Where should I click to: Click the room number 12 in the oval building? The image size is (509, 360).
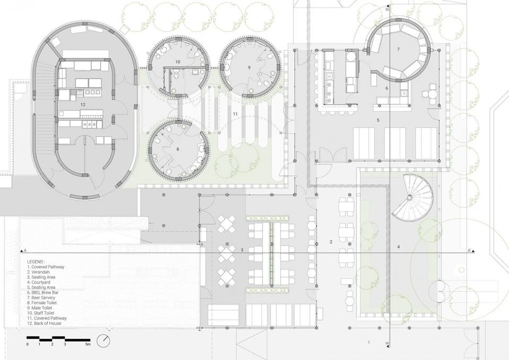point(83,105)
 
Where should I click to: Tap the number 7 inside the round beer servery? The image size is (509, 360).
point(398,49)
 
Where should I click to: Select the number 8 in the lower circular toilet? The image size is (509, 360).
point(178,150)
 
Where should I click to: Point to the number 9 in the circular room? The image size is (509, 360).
point(248,68)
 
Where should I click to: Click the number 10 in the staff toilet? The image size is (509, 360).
point(178,62)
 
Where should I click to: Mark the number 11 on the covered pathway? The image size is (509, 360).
point(235,114)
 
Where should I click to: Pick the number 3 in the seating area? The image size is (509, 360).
point(242,250)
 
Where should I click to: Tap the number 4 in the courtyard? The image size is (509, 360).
point(399,247)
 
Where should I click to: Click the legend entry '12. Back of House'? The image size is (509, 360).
point(46,323)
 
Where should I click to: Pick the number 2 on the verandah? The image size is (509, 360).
point(331,242)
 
